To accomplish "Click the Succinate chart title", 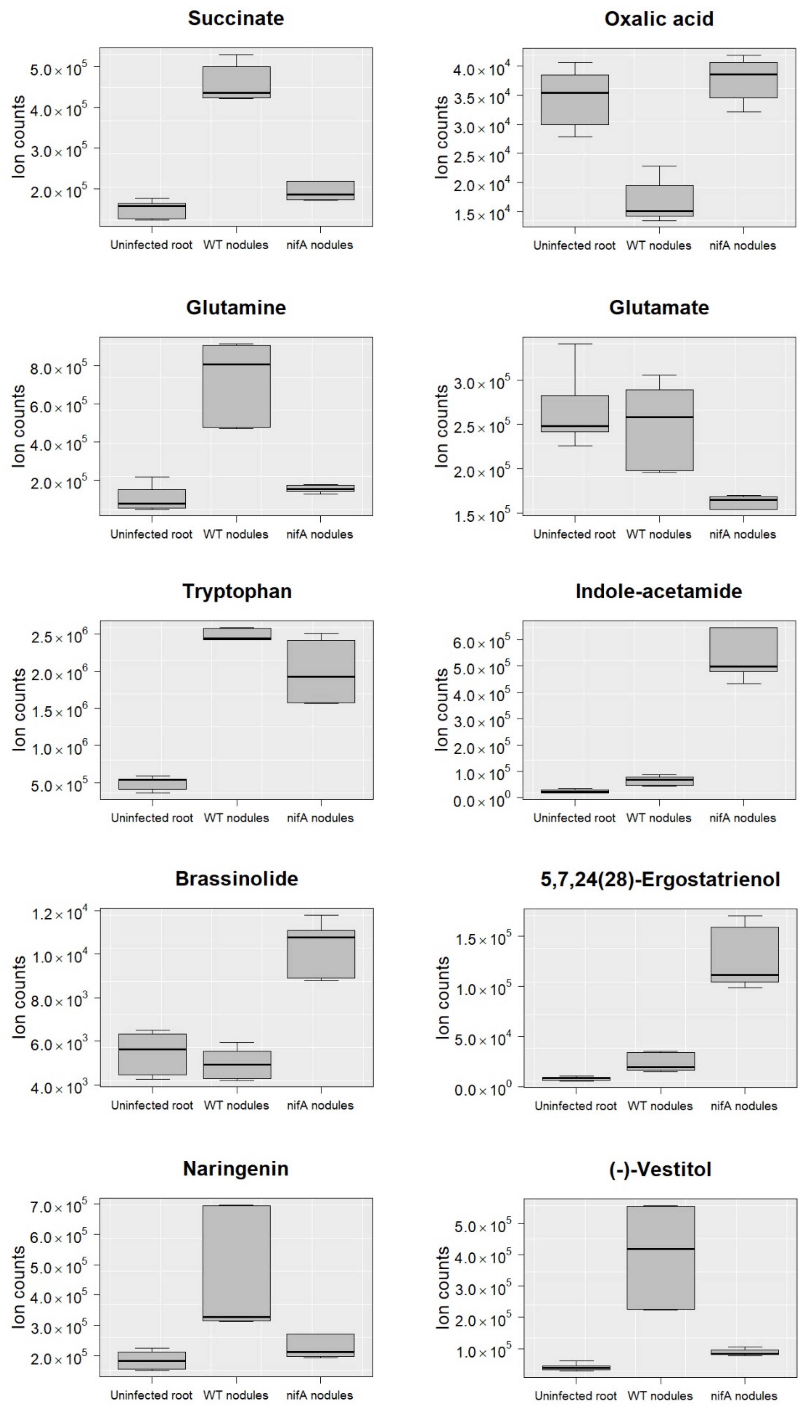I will click(x=236, y=18).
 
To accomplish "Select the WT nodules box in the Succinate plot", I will click(x=236, y=82).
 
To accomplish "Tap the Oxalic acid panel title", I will click(x=659, y=19).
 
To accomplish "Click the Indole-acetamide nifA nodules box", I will click(x=743, y=649).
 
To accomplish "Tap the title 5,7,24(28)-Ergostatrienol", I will click(x=660, y=880).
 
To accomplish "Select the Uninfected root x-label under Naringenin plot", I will click(x=151, y=1395).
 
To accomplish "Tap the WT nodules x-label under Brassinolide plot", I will click(x=236, y=1105).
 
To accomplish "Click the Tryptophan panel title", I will click(x=237, y=591).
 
